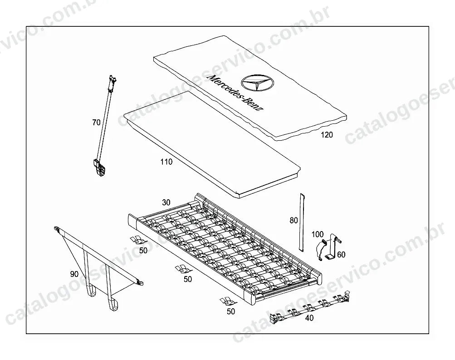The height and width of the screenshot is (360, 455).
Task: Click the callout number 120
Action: point(327,135)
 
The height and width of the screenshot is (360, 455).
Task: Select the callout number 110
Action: point(166,162)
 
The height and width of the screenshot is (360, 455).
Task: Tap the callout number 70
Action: point(96,123)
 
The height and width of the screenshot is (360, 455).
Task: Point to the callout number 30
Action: point(166,202)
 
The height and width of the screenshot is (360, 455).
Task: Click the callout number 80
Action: point(294,221)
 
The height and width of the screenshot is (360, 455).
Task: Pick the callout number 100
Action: point(318,234)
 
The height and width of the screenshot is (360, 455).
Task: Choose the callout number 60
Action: point(341,255)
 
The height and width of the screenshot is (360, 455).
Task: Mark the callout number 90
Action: point(74,274)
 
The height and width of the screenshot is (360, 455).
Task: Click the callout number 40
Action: point(309,318)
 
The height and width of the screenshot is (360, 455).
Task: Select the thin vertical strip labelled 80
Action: point(301,222)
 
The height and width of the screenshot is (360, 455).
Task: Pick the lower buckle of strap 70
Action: point(99,168)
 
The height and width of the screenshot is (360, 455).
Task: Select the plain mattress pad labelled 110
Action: point(212,144)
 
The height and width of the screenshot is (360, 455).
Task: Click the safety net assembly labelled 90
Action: point(96,267)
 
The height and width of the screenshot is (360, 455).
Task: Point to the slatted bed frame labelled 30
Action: point(225,248)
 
